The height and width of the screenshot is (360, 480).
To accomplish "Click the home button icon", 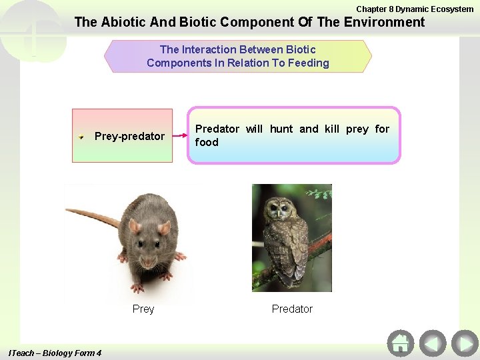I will pos(400,343).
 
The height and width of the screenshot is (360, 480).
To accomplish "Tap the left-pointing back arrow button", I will pos(433,343).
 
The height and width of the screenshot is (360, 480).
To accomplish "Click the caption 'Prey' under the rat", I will pos(143,309).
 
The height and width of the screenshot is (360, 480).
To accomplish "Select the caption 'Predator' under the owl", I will pos(292,309).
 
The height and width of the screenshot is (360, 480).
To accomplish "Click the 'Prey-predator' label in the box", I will pos(129,136).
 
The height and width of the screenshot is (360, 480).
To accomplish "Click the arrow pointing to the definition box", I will pos(180,135).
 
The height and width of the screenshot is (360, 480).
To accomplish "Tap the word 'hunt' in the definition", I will pos(281,129).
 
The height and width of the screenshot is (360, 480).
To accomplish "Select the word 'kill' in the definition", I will pos(331,129).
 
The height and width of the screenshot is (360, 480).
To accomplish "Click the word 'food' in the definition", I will pos(207,142).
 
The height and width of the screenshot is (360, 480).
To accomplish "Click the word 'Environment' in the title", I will pos(383,22).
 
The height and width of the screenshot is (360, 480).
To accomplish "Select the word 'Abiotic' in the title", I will pos(125,22).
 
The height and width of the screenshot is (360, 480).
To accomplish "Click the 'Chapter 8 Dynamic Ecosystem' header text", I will pos(415,9).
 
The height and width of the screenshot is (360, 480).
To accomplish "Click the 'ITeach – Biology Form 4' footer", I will pos(54,353).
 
